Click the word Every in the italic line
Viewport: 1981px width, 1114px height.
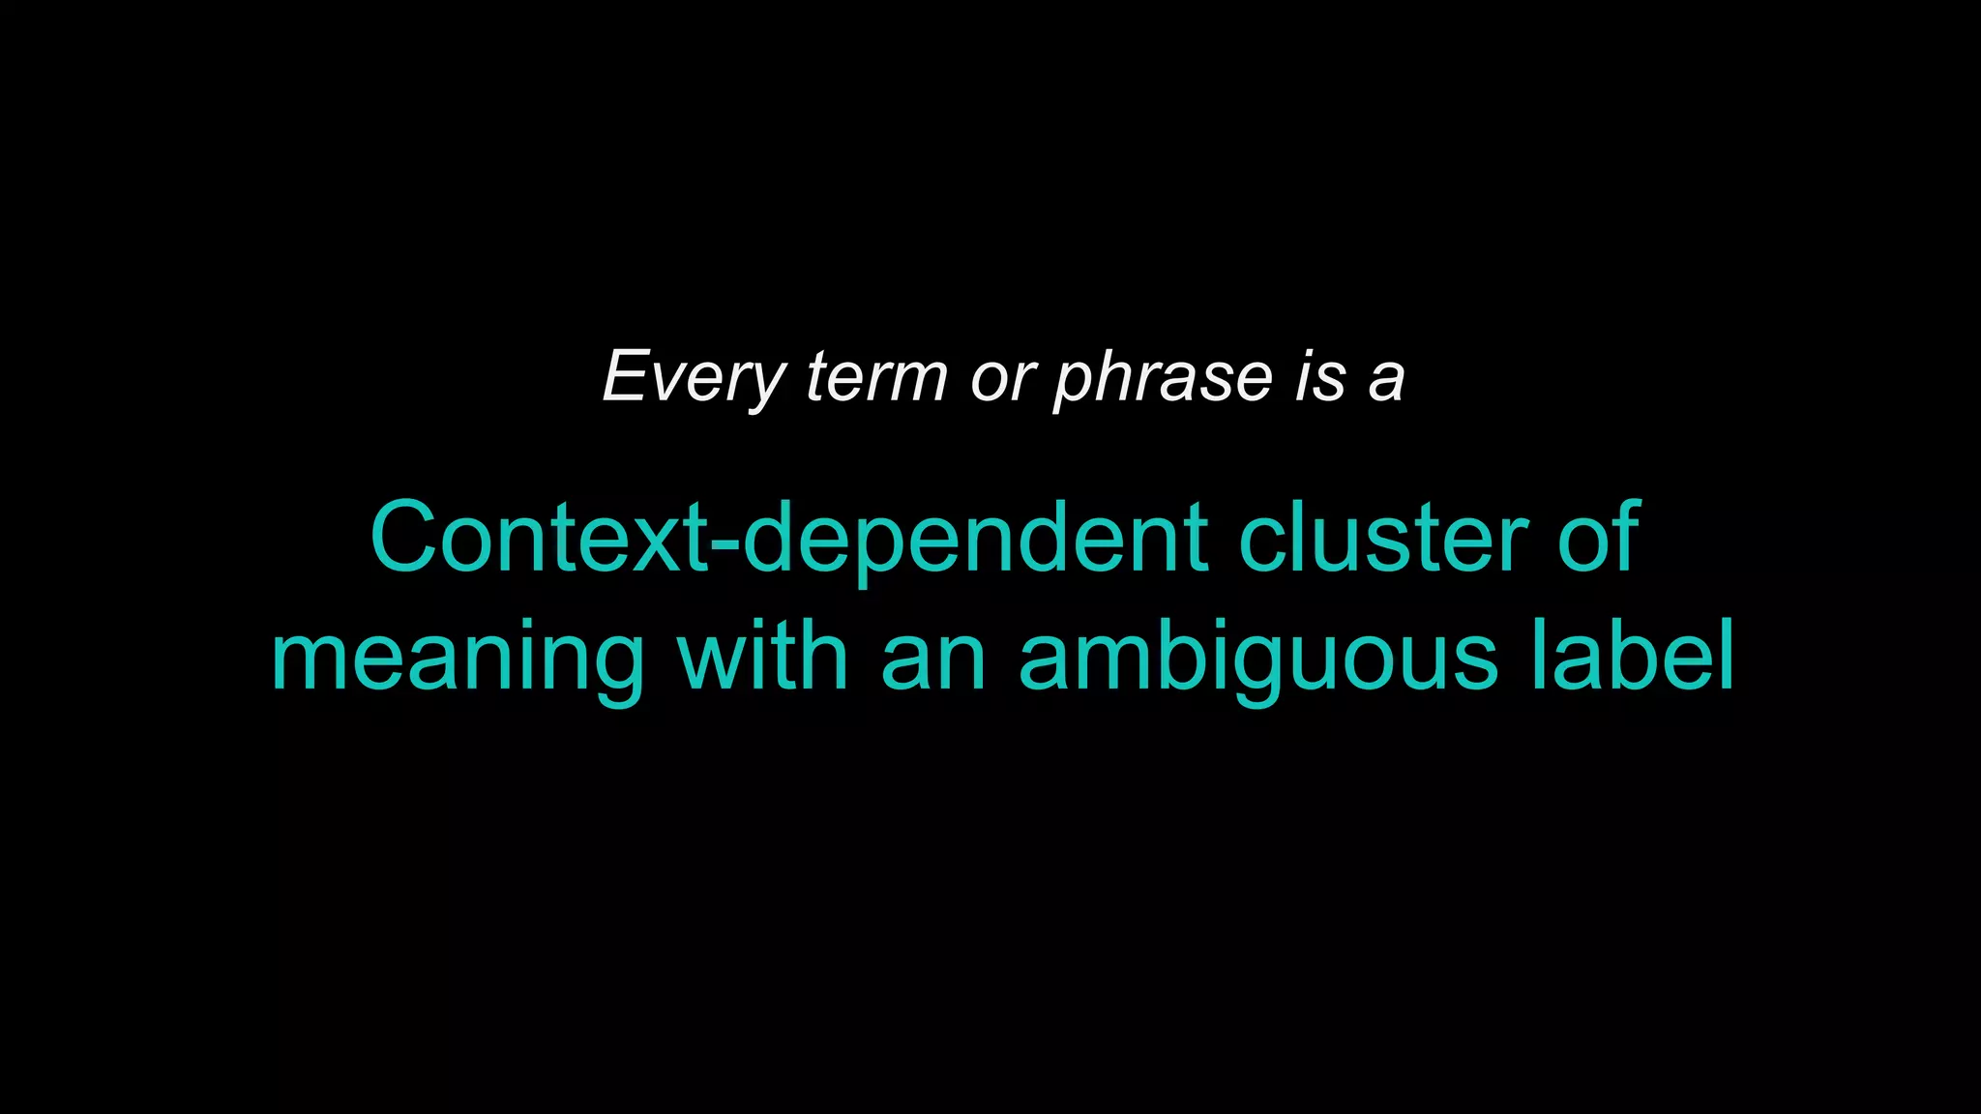(x=694, y=377)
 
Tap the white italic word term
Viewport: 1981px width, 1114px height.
(x=876, y=377)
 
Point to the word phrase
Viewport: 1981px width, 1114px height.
(x=1163, y=377)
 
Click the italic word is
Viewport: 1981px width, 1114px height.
(x=1320, y=377)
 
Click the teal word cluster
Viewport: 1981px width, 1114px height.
(x=1383, y=538)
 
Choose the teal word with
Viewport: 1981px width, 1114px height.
(x=762, y=658)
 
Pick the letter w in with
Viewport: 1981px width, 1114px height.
(x=713, y=661)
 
